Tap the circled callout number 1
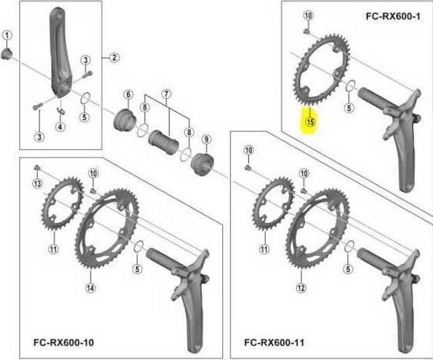pos(7,35)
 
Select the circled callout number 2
pos(114,57)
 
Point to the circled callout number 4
pos(60,127)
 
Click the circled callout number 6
pos(128,94)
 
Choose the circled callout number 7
pos(166,94)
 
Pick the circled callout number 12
pos(301,287)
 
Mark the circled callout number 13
pos(36,183)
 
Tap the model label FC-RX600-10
pos(63,342)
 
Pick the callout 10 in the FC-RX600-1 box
pos(308,16)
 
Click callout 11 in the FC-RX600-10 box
pos(53,249)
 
